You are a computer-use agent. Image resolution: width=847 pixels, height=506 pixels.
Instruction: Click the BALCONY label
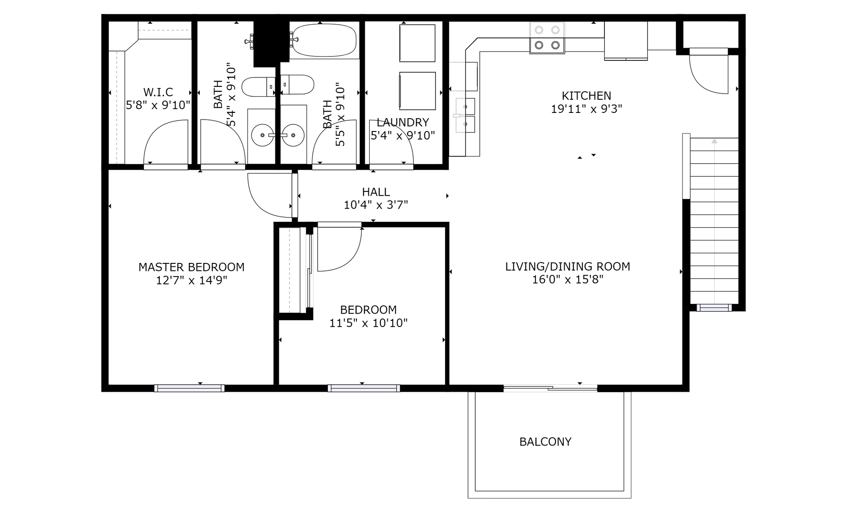coord(545,442)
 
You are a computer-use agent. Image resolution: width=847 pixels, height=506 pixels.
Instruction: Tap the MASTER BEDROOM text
coord(191,267)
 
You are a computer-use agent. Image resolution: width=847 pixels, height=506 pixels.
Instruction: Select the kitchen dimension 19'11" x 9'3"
coord(586,109)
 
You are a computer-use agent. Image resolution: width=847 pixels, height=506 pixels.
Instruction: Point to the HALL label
coord(376,192)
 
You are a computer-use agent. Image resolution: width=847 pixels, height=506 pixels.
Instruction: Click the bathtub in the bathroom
coord(324,40)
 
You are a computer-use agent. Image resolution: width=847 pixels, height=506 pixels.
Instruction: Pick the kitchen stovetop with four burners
coord(547,38)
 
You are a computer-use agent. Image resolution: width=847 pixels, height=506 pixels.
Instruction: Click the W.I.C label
coord(158,92)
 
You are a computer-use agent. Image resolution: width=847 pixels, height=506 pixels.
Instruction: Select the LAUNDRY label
coord(403,122)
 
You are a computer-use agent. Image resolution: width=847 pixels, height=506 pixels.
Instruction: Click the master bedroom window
coord(189,388)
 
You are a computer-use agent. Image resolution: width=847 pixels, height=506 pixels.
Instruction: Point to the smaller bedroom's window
coord(364,388)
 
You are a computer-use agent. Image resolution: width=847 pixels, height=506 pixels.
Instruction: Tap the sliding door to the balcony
coord(550,388)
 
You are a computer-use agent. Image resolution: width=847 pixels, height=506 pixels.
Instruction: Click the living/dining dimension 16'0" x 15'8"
coord(568,279)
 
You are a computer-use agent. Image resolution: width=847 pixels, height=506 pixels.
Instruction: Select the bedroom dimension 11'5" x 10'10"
coord(368,323)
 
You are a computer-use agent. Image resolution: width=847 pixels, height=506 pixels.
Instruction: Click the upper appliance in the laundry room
coord(417,43)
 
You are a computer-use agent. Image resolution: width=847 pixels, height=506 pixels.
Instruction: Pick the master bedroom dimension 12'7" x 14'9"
coord(191,280)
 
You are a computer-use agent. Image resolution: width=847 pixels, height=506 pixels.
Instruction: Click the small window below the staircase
coord(714,307)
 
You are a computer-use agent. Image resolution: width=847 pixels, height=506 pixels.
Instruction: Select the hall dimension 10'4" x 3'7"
coord(376,205)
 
